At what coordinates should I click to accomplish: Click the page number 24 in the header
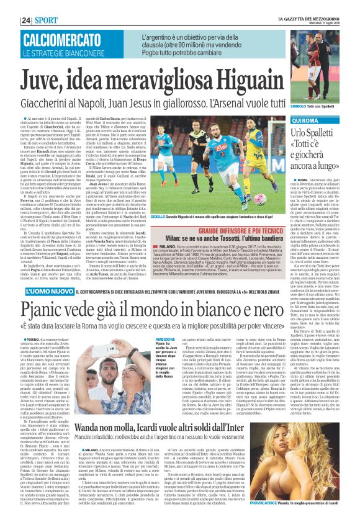(x=9, y=4)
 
